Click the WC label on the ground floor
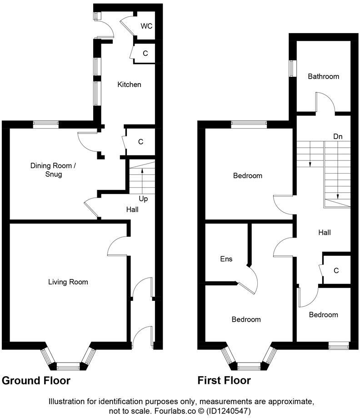[x=146, y=26]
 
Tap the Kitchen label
[x=130, y=85]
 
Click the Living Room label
[x=68, y=282]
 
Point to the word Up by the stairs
[x=143, y=199]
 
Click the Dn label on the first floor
[x=338, y=136]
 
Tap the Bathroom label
[x=323, y=76]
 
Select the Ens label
[x=226, y=259]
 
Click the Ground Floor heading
[x=36, y=380]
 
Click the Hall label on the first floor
[x=324, y=232]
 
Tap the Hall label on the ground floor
[x=132, y=209]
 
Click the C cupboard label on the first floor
[x=336, y=270]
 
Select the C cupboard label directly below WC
[x=145, y=54]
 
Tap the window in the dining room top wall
[x=45, y=123]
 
